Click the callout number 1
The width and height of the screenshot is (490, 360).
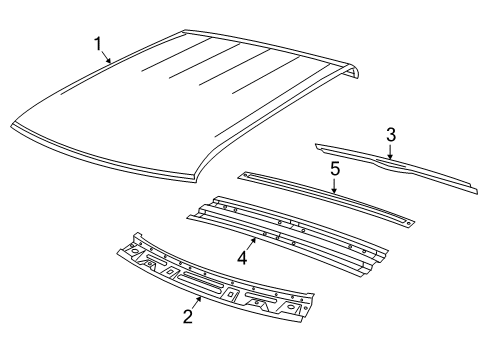coord(98,43)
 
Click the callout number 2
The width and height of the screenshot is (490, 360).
coord(184,316)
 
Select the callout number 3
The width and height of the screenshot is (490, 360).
coord(391,134)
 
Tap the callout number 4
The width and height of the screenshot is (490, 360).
coord(241,258)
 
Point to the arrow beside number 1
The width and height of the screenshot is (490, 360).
coord(108,57)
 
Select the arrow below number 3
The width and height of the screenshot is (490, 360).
coord(390,152)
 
